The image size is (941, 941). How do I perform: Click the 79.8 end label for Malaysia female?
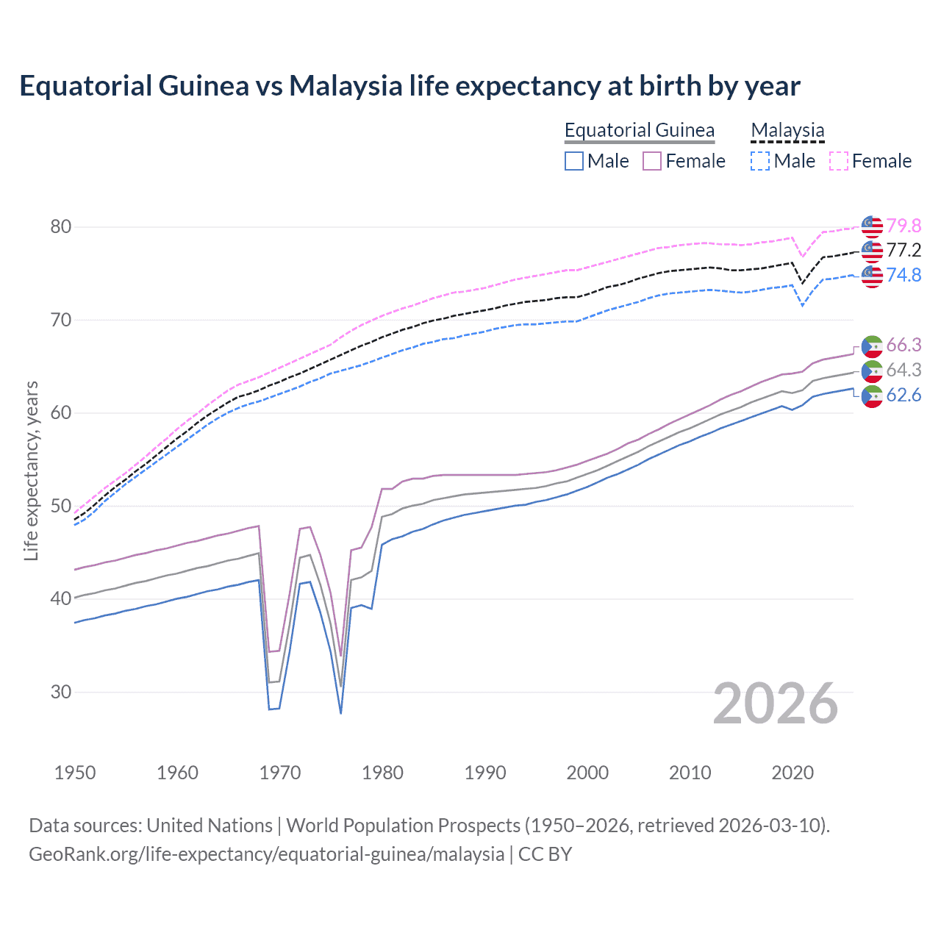[x=904, y=226]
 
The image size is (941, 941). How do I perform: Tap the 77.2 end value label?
[x=904, y=251]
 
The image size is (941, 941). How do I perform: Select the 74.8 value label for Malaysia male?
[x=904, y=275]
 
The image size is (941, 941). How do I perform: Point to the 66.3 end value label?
[x=904, y=346]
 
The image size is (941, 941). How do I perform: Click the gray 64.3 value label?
[x=904, y=371]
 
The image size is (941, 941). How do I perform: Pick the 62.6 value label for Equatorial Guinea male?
[x=904, y=396]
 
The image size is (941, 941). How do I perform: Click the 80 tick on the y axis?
[x=61, y=226]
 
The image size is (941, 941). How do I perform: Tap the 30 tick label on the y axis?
[x=61, y=692]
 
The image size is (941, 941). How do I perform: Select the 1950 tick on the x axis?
[x=76, y=773]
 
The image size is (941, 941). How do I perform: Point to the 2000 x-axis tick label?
[x=587, y=773]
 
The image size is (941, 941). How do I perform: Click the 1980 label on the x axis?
[x=383, y=773]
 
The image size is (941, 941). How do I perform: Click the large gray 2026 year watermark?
[x=776, y=704]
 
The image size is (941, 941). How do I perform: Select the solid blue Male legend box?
[x=574, y=161]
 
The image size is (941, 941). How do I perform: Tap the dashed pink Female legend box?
[x=839, y=161]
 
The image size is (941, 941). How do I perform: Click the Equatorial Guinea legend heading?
[x=639, y=130]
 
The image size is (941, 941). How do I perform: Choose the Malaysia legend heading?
[x=787, y=130]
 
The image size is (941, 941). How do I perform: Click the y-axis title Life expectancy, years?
[x=31, y=470]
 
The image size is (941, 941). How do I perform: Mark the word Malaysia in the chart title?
[x=346, y=86]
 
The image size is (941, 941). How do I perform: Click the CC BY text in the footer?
[x=545, y=854]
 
